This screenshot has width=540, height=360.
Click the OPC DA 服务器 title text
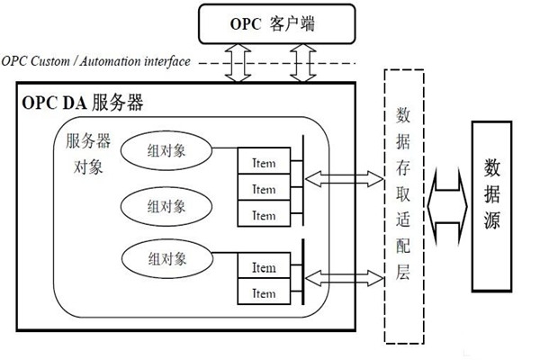[x=82, y=102]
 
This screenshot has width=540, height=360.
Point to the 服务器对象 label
[x=88, y=155]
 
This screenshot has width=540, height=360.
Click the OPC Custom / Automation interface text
[x=95, y=62]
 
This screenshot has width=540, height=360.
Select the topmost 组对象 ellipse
[x=166, y=150]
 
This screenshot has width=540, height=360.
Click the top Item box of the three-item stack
[x=264, y=163]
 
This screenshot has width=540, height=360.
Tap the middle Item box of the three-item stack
[x=264, y=189]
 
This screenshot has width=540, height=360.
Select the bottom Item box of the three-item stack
[x=264, y=215]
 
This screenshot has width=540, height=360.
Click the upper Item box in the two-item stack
[x=264, y=267]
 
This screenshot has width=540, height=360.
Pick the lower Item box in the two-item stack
[x=264, y=292]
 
